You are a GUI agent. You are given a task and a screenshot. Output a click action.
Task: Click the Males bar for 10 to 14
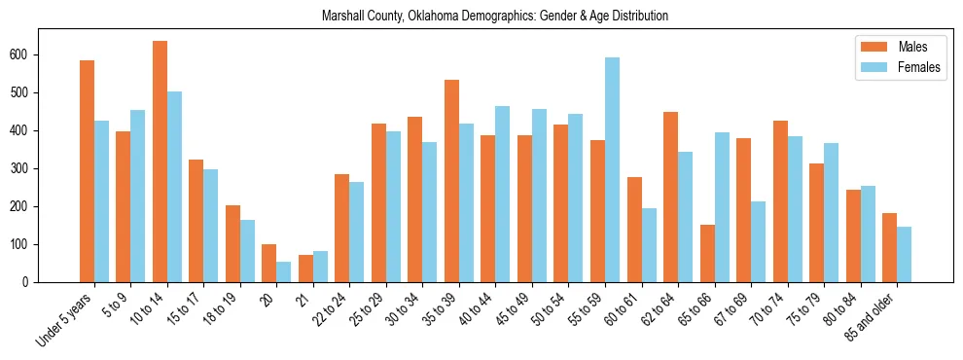click(160, 162)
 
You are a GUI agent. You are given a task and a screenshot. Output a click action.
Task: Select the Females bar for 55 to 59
click(612, 170)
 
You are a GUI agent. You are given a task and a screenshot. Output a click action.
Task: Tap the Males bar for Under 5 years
click(87, 171)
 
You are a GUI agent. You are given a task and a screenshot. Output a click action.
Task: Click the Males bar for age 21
click(305, 269)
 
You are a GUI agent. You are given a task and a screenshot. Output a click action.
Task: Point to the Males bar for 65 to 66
click(707, 253)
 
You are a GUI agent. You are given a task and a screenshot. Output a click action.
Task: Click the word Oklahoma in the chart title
click(434, 17)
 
